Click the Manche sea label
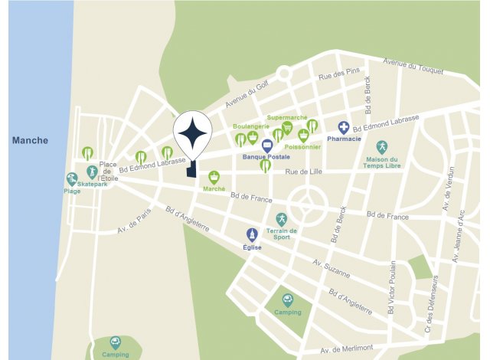pyautogui.click(x=30, y=140)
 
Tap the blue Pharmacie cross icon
pyautogui.click(x=345, y=128)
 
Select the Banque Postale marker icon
pyautogui.click(x=267, y=146)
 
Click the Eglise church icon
pyautogui.click(x=253, y=234)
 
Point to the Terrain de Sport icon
pyautogui.click(x=281, y=219)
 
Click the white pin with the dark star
pyautogui.click(x=192, y=135)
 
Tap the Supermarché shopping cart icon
pyautogui.click(x=287, y=128)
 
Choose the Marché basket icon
pyautogui.click(x=214, y=177)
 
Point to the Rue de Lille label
pyautogui.click(x=305, y=172)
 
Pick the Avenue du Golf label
pyautogui.click(x=247, y=94)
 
